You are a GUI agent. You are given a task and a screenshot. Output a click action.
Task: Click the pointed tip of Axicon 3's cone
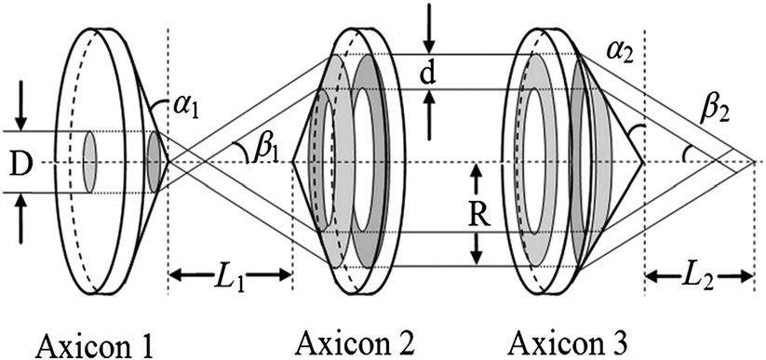point(645,162)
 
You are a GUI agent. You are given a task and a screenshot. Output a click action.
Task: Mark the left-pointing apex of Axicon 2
point(292,162)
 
